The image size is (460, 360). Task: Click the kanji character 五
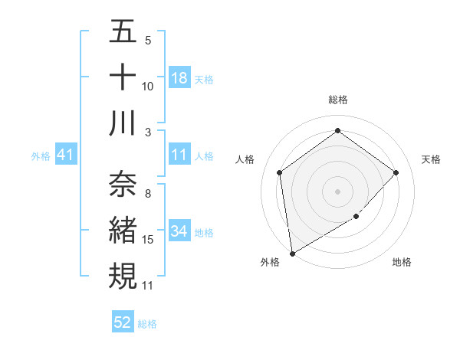(123, 32)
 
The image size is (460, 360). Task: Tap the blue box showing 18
(179, 78)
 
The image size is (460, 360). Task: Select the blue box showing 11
(179, 155)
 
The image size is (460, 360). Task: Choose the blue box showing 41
(65, 155)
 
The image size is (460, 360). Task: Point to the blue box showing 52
(123, 322)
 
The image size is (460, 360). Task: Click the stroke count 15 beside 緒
(149, 240)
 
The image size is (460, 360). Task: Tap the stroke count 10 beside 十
(148, 86)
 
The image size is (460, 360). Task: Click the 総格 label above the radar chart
(338, 100)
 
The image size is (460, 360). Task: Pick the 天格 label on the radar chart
(432, 159)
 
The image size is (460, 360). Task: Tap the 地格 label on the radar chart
(402, 262)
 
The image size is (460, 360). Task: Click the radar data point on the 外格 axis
(292, 253)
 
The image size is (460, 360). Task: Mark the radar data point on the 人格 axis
(280, 172)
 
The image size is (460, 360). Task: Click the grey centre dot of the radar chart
(337, 191)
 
